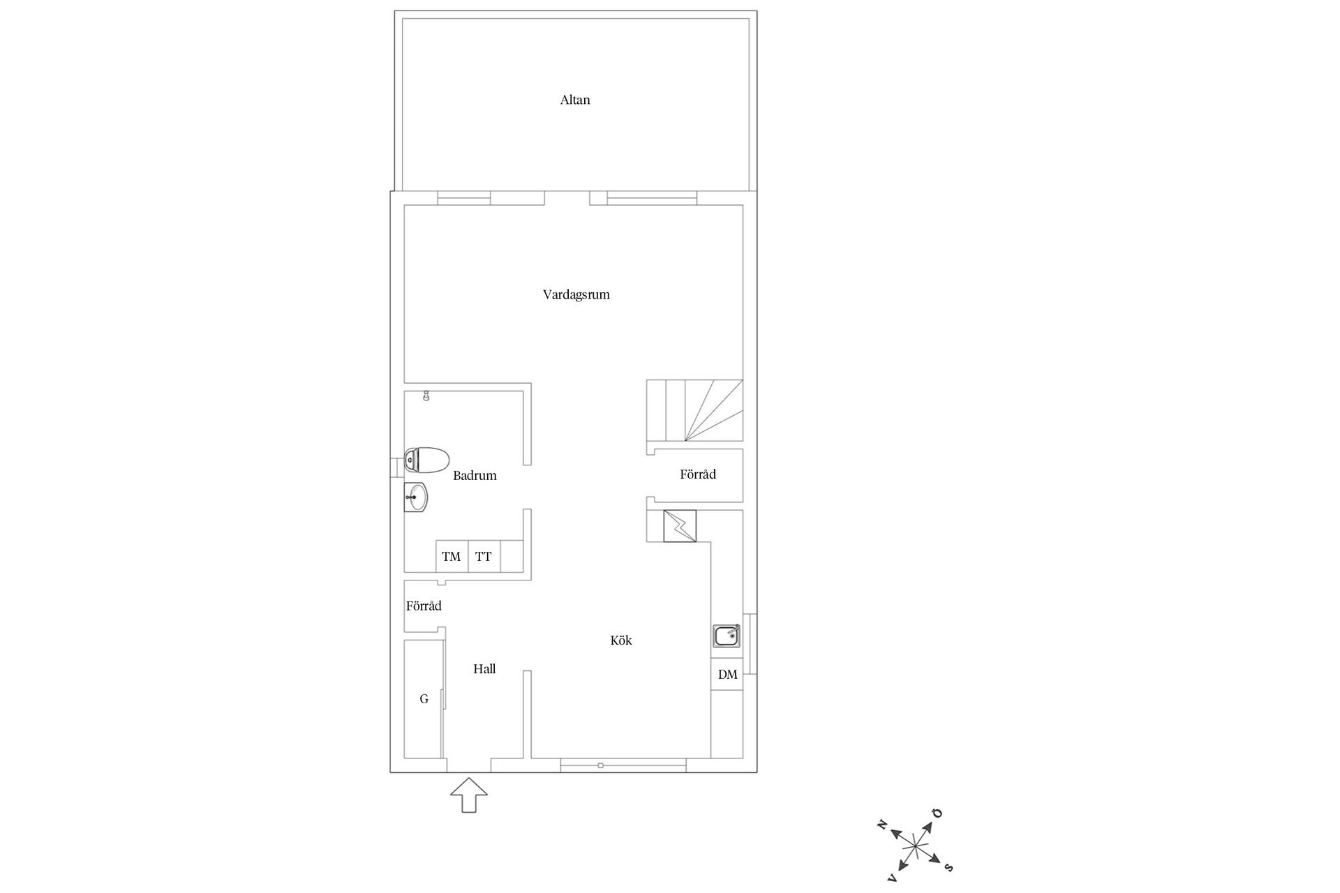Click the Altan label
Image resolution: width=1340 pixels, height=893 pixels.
click(575, 100)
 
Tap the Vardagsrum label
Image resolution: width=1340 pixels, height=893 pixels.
click(576, 295)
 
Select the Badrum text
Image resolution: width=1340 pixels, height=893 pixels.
click(475, 476)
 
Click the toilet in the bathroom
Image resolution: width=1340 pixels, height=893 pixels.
click(426, 460)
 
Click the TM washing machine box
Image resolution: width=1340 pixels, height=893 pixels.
click(452, 557)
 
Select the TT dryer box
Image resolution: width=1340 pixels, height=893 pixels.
click(484, 557)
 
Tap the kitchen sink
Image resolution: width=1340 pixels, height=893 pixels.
click(727, 636)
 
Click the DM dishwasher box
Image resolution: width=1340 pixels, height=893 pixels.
click(727, 675)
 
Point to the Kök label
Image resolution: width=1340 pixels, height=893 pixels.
click(620, 640)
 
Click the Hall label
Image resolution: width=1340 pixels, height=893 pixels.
click(484, 669)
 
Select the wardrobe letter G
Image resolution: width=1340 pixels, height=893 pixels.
click(424, 699)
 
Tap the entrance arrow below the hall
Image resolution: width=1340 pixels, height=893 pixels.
click(469, 795)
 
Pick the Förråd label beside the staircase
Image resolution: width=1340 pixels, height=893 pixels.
click(698, 474)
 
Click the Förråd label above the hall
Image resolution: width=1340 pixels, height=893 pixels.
click(424, 606)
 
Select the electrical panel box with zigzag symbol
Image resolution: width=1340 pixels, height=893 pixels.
click(679, 526)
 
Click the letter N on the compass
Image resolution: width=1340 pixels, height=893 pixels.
click(882, 825)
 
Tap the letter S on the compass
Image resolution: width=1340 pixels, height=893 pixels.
click(948, 867)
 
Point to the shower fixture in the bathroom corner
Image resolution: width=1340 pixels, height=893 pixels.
click(426, 396)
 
